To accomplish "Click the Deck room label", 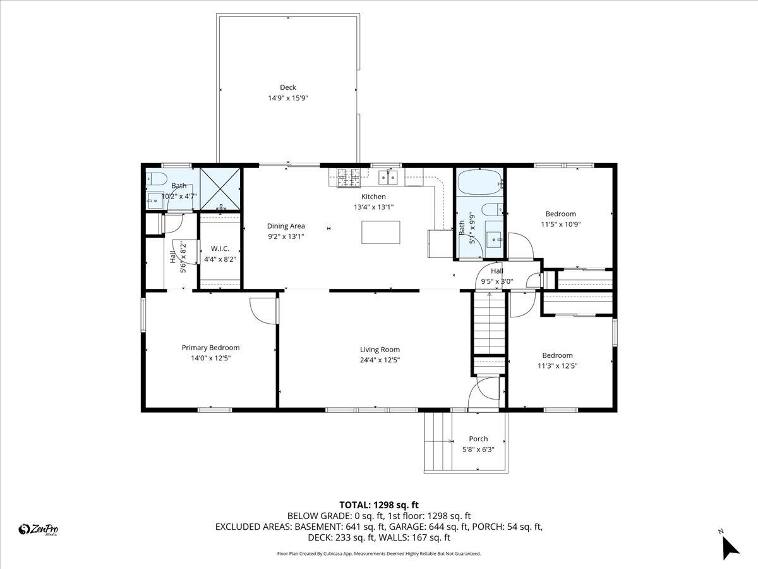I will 288,87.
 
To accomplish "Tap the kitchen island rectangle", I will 382,232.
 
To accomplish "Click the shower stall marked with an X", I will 220,188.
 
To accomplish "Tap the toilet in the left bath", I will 156,178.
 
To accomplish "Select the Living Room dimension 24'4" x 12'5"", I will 380,360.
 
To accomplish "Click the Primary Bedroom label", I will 210,348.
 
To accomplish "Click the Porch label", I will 478,439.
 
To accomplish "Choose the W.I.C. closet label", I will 220,248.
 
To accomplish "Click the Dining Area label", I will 286,226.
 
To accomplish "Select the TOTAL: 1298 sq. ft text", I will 379,505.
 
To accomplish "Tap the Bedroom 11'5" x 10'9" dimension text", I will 560,224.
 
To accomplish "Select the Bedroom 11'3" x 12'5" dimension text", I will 557,366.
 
